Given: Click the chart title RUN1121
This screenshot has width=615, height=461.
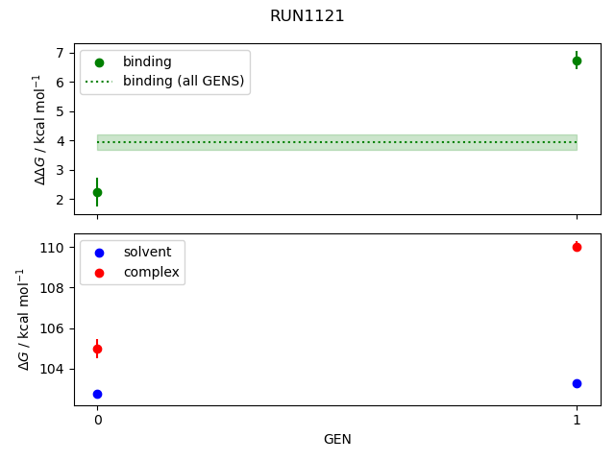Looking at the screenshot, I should click(x=307, y=16).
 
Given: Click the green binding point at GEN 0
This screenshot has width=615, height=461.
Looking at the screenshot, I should click(x=97, y=192).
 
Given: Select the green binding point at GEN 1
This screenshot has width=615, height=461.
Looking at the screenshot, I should click(x=577, y=61).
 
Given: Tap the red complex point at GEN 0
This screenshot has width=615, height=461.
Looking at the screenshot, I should click(x=97, y=349).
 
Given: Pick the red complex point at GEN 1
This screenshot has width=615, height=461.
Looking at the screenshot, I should click(x=577, y=247).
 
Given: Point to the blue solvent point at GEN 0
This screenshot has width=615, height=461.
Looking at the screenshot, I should click(x=97, y=394).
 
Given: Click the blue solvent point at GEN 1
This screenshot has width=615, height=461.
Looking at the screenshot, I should click(x=577, y=383).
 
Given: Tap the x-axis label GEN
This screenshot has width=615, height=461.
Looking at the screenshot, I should click(x=336, y=440).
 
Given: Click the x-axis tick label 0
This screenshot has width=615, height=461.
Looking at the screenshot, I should click(x=97, y=421).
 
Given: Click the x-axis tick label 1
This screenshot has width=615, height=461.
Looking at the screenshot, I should click(x=577, y=421).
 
